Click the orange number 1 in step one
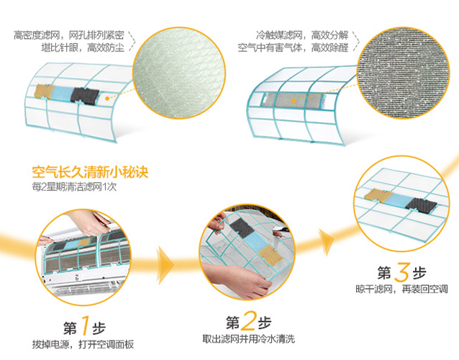click(x=84, y=325)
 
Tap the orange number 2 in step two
click(x=248, y=320)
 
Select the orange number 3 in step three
click(x=401, y=272)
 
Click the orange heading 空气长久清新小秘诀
click(x=90, y=171)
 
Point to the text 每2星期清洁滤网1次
click(x=74, y=186)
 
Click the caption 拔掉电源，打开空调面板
click(x=83, y=344)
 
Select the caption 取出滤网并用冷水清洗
click(x=248, y=339)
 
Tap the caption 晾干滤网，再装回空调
click(x=401, y=289)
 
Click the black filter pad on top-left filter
click(x=85, y=96)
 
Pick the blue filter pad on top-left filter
click(x=62, y=93)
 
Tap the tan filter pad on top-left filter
click(x=43, y=91)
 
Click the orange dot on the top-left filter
click(x=107, y=99)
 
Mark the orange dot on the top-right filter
click(x=293, y=101)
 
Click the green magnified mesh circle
click(x=179, y=73)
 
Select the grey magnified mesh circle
click(x=403, y=73)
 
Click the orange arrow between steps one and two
click(x=165, y=265)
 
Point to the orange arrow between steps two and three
click(x=325, y=242)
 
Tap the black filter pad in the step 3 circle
click(x=421, y=205)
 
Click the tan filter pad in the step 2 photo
click(x=271, y=254)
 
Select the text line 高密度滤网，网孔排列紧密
click(x=69, y=35)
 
